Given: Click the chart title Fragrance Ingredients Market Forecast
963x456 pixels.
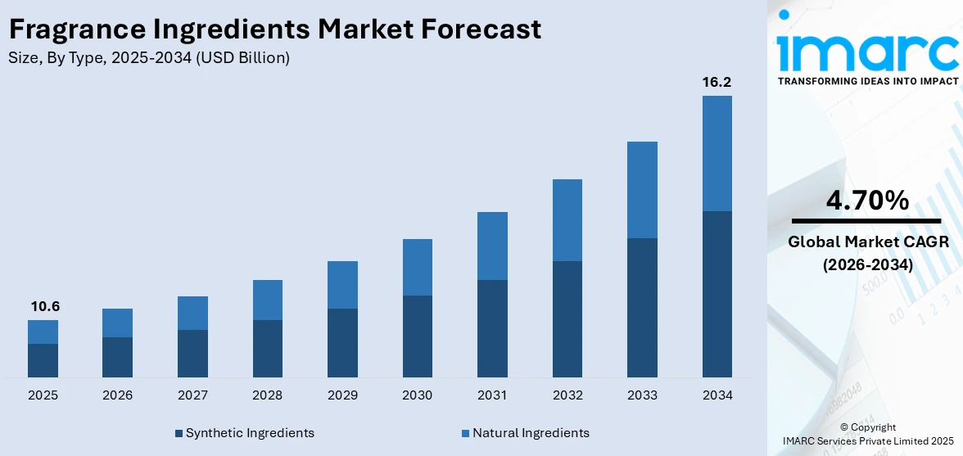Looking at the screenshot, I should click(275, 29).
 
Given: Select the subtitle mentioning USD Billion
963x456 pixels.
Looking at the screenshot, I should click(148, 58).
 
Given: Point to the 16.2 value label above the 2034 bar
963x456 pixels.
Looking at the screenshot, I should click(717, 83).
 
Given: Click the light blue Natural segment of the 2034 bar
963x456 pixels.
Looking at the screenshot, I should click(717, 153).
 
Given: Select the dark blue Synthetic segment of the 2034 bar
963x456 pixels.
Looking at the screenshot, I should click(717, 294).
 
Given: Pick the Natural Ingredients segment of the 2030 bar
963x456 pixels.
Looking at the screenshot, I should click(417, 267).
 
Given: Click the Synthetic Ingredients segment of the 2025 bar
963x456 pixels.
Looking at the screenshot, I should click(43, 360).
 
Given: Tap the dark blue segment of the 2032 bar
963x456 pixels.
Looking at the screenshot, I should click(567, 319).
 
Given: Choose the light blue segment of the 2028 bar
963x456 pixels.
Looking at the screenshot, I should click(267, 300).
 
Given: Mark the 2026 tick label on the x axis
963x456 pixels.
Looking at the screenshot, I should click(118, 395).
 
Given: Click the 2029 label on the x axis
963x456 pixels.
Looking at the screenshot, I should click(342, 395).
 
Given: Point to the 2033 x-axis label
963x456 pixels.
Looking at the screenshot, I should click(642, 395).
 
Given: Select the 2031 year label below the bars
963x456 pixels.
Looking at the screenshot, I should click(492, 395).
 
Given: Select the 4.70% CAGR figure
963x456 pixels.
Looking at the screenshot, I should click(866, 201).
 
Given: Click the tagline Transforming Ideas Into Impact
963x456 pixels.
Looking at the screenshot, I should click(866, 81).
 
